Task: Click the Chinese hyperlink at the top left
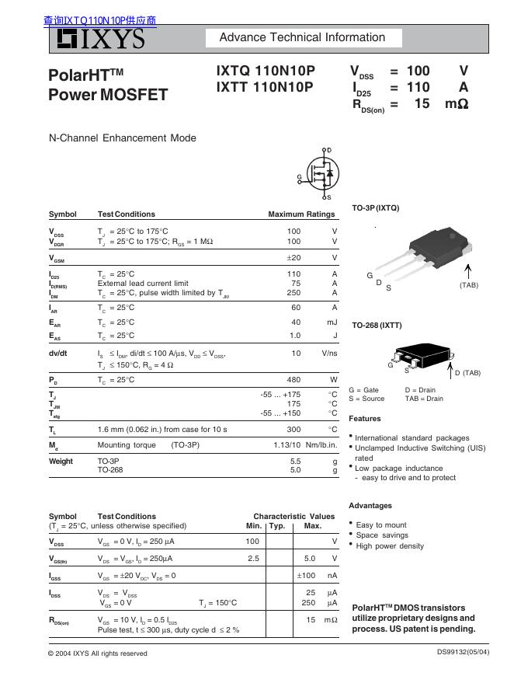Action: pos(99,21)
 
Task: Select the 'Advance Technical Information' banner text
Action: pos(302,37)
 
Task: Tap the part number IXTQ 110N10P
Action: pos(266,71)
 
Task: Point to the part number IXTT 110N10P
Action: pos(265,88)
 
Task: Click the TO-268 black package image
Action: pos(419,354)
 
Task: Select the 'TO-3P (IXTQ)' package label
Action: pos(376,208)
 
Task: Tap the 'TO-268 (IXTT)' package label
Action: pos(377,325)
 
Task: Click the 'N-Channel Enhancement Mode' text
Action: pos(123,138)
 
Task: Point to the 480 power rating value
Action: pos(293,380)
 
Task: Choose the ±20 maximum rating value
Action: pos(293,258)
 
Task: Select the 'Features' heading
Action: pos(365,419)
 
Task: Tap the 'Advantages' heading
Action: pos(370,506)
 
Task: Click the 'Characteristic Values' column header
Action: pos(293,516)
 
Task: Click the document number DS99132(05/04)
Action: pos(463,652)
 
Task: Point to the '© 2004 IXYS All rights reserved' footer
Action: pos(98,653)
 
